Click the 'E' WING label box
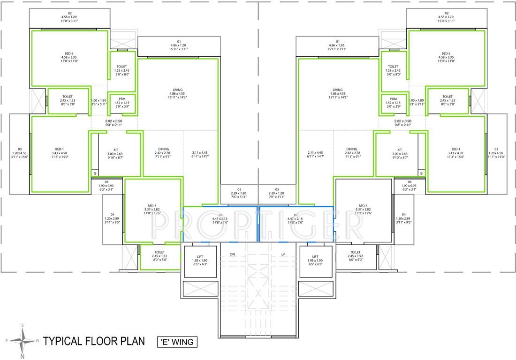click(177, 342)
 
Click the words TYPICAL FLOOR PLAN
click(94, 341)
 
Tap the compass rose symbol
click(23, 340)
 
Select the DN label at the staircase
click(232, 255)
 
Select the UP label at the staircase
click(283, 255)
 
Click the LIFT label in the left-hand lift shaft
click(200, 256)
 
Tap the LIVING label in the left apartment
click(177, 90)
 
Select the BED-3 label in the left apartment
click(152, 206)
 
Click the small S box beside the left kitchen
click(94, 173)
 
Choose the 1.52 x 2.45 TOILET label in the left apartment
click(122, 67)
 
